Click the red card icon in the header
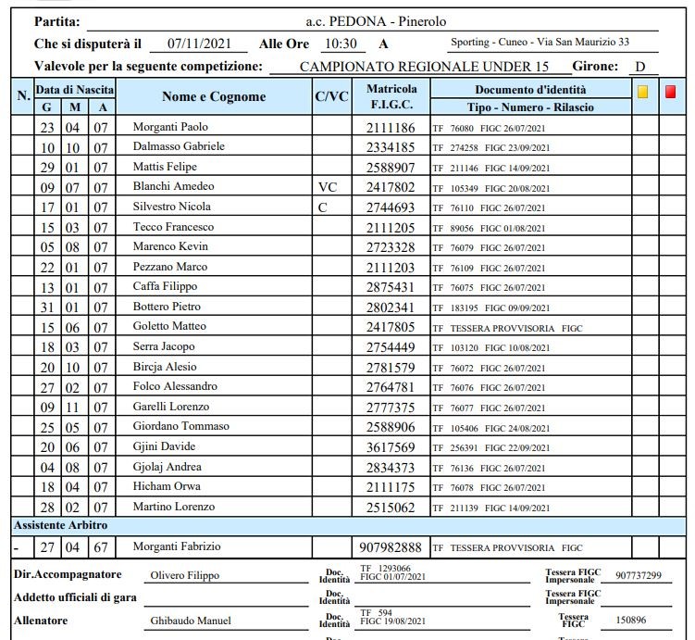[x=671, y=92]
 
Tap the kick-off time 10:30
[x=340, y=44]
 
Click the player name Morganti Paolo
[x=170, y=127]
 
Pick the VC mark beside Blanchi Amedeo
[x=328, y=187]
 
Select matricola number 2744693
[x=391, y=207]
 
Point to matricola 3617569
[x=391, y=447]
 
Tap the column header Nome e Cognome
[x=214, y=96]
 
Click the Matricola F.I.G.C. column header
[x=391, y=97]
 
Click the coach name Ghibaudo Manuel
[x=190, y=621]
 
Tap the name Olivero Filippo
[x=184, y=575]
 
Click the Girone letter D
[x=639, y=67]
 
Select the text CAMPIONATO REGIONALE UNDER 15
[x=424, y=67]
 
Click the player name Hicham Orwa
[x=167, y=487]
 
